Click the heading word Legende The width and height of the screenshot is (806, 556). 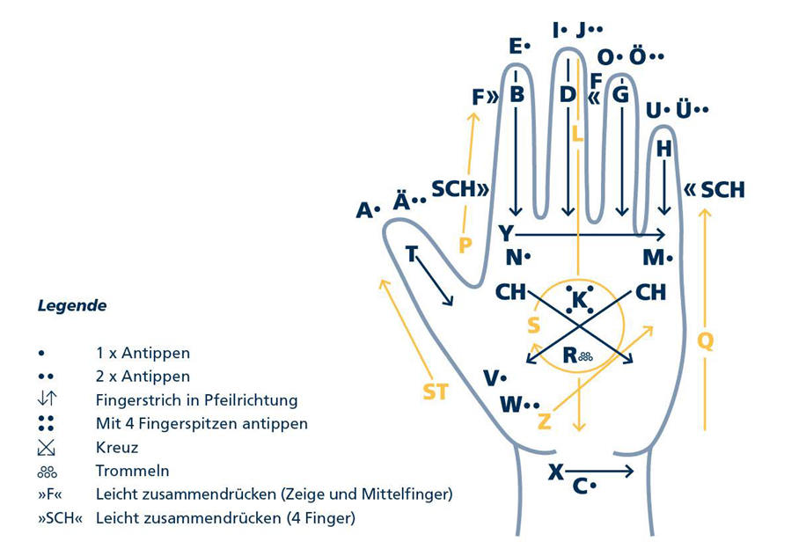pos(72,306)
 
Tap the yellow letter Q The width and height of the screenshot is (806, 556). pos(706,340)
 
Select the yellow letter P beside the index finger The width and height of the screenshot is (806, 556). pos(465,245)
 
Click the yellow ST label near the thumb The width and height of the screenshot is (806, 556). pos(436,392)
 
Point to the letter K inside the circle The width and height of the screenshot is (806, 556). pos(579,299)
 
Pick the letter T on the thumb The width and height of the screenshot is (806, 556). pos(411,253)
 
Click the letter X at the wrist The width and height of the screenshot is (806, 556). pos(556,472)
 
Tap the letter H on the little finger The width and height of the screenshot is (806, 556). pos(664,149)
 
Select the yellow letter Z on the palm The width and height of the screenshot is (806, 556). pos(545,421)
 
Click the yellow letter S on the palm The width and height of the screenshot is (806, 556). pos(534,326)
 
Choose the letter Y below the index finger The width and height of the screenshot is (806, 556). pos(506,233)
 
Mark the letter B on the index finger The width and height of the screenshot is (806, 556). pos(517,94)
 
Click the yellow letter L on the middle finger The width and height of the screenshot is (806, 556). pos(577,135)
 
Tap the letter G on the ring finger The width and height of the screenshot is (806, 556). pos(621,94)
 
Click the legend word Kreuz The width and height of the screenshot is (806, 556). pos(117,448)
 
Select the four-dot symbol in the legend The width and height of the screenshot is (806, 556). pos(46,423)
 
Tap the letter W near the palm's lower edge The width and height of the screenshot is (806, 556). pos(511,405)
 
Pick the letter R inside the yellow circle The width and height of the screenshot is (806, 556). pos(569,355)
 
